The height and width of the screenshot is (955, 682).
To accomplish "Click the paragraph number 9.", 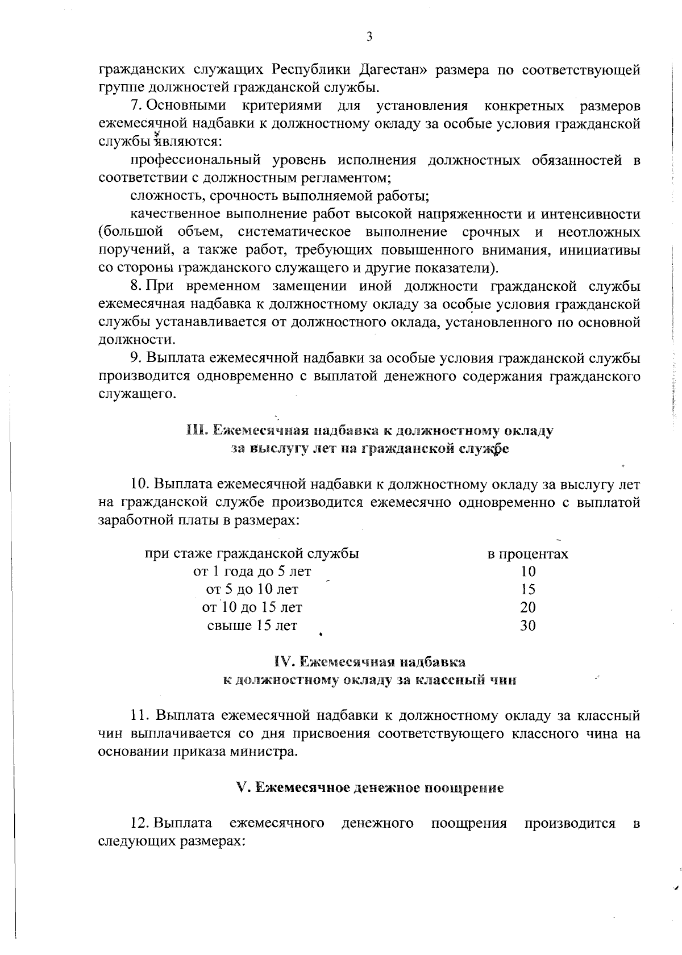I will pyautogui.click(x=135, y=358).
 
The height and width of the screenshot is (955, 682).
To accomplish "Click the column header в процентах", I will pyautogui.click(x=528, y=554).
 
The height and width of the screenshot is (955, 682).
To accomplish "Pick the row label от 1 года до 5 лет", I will pyautogui.click(x=252, y=572).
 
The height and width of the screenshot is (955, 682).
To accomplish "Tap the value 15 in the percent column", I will pyautogui.click(x=528, y=590).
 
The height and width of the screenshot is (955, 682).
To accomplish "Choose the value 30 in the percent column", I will pyautogui.click(x=528, y=626).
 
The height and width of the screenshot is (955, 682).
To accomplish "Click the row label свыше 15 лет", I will pyautogui.click(x=252, y=626).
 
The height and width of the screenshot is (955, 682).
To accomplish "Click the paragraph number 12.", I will pyautogui.click(x=140, y=823).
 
